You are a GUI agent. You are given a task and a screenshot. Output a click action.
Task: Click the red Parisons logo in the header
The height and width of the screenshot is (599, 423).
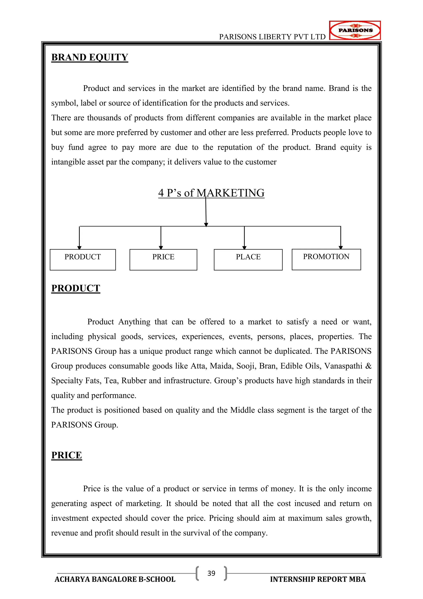click(355, 30)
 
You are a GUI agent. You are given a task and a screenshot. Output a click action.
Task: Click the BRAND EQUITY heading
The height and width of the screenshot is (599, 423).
click(90, 57)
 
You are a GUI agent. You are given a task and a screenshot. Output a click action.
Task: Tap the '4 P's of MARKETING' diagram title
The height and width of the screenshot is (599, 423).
click(211, 193)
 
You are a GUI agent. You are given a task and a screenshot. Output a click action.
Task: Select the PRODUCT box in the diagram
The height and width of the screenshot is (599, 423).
click(83, 259)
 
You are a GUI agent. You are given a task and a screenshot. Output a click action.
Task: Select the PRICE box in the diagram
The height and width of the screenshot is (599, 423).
click(163, 259)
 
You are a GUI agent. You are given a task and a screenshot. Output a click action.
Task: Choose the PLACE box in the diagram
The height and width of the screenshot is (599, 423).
click(248, 259)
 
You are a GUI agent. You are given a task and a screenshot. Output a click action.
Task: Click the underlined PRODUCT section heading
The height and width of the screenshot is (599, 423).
click(76, 288)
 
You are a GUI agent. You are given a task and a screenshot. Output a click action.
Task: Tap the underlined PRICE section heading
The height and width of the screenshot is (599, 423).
click(67, 455)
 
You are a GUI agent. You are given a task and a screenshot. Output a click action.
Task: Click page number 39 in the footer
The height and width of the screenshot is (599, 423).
click(211, 573)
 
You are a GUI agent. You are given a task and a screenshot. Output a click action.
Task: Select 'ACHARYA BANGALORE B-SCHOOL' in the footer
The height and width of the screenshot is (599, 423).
click(115, 579)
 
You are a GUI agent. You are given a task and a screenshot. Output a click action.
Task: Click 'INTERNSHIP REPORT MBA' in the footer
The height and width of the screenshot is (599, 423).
click(318, 579)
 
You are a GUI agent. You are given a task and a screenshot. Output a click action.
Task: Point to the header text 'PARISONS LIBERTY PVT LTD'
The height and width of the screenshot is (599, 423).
click(272, 37)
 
